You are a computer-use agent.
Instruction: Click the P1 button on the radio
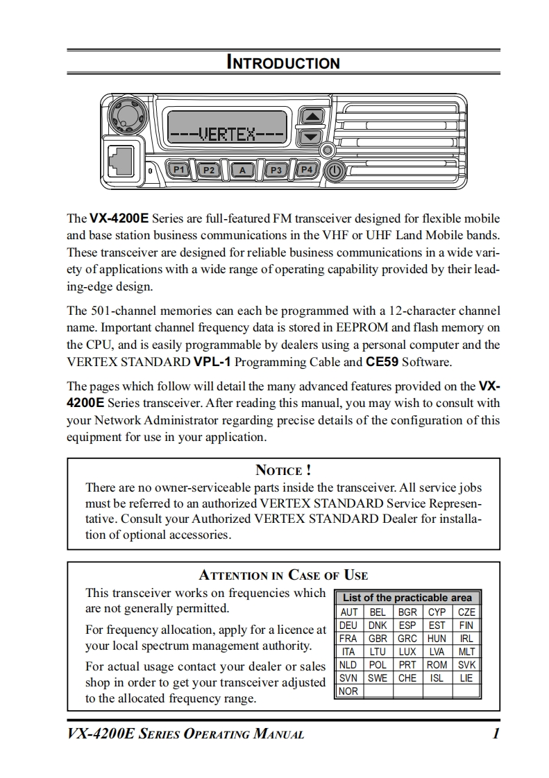pyautogui.click(x=179, y=169)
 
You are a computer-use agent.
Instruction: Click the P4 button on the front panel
pyautogui.click(x=306, y=169)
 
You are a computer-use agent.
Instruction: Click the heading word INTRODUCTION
pyautogui.click(x=283, y=63)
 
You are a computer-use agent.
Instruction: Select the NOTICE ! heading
pyautogui.click(x=283, y=471)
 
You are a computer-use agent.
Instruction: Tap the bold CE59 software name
pyautogui.click(x=382, y=362)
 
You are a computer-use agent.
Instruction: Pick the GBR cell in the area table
pyautogui.click(x=378, y=639)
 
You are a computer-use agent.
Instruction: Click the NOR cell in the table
pyautogui.click(x=348, y=691)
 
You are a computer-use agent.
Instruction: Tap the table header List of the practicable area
pyautogui.click(x=407, y=598)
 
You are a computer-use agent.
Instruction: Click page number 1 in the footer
pyautogui.click(x=496, y=734)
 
